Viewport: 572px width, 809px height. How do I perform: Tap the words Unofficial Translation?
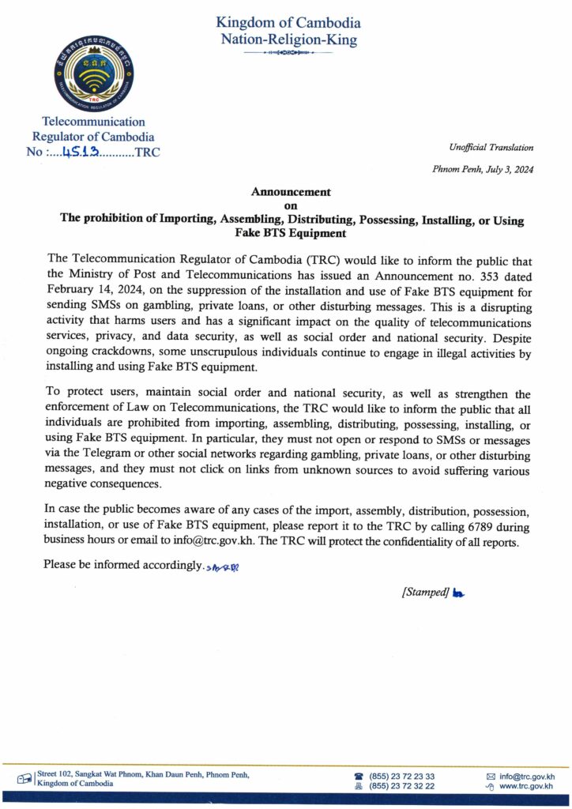491,147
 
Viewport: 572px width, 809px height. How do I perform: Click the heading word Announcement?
290,192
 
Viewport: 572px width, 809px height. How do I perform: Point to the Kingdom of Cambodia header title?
288,23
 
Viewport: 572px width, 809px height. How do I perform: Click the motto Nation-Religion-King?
288,39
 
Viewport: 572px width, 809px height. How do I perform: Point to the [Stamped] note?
425,593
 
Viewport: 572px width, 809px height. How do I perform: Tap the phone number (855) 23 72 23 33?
402,776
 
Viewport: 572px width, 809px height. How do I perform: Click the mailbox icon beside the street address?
25,779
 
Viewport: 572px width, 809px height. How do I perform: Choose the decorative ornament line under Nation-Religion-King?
288,53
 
